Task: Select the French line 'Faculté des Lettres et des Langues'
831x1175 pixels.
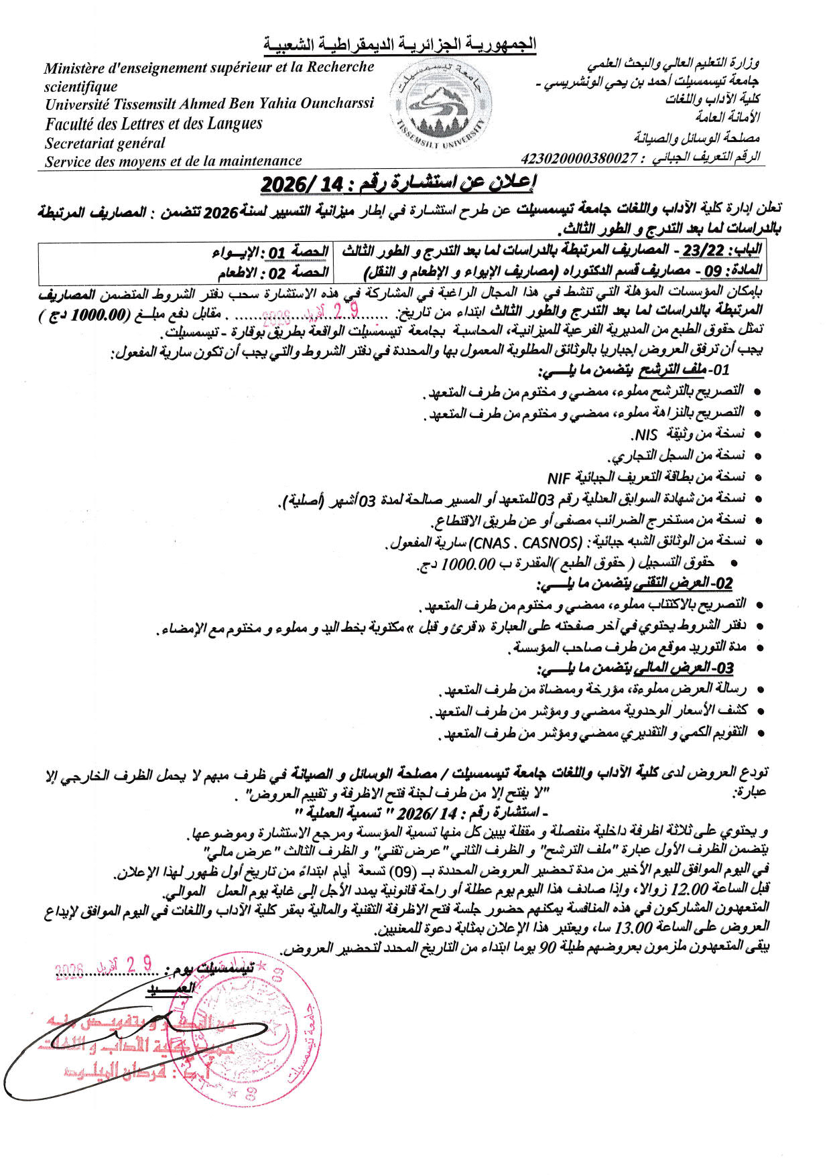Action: pyautogui.click(x=154, y=124)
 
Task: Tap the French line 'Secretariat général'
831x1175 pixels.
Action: pyautogui.click(x=105, y=143)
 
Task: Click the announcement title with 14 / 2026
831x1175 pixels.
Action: pyautogui.click(x=398, y=183)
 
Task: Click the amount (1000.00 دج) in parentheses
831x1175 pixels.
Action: pyautogui.click(x=81, y=315)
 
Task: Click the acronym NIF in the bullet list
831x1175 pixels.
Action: pyautogui.click(x=558, y=478)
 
